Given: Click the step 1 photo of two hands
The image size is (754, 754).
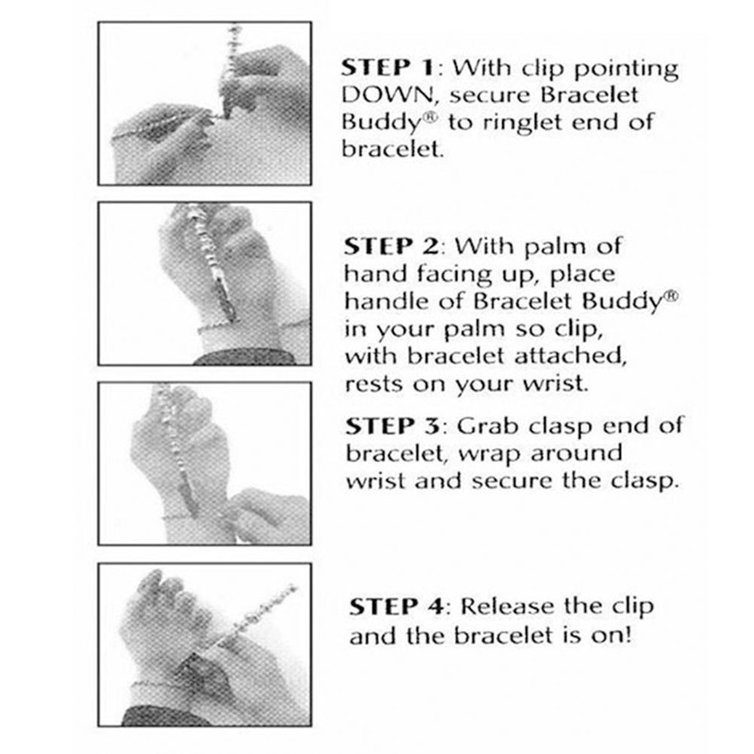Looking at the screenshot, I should (205, 103).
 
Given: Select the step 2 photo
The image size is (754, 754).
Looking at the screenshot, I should (205, 283).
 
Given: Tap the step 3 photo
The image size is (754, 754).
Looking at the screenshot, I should (205, 463).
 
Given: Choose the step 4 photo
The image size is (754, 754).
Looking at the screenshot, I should (205, 645).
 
